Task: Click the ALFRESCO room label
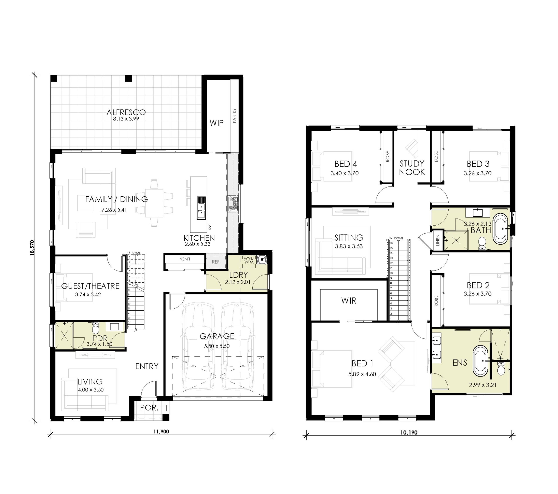tap(126, 112)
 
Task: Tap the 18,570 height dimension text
tap(32, 248)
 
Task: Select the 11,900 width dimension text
tap(161, 431)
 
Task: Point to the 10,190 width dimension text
tap(409, 432)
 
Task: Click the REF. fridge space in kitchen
tap(216, 262)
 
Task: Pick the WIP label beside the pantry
tap(216, 123)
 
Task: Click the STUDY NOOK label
tap(412, 168)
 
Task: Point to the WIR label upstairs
tap(349, 301)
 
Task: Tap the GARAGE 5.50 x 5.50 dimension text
tap(217, 346)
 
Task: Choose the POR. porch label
tap(149, 408)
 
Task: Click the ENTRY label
tap(147, 366)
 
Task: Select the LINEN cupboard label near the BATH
tap(438, 240)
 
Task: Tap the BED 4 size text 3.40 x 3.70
tap(345, 173)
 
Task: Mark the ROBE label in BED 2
tap(436, 301)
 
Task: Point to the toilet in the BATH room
tap(482, 243)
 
